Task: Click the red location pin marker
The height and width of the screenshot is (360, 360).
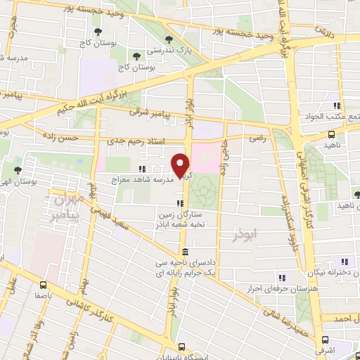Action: point(181,165)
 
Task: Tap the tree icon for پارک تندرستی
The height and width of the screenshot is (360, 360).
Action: point(167,40)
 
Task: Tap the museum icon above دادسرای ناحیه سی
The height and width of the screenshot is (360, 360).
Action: point(184,252)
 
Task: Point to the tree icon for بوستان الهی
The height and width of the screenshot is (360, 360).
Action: point(18,171)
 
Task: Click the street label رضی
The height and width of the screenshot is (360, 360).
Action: point(257,140)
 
